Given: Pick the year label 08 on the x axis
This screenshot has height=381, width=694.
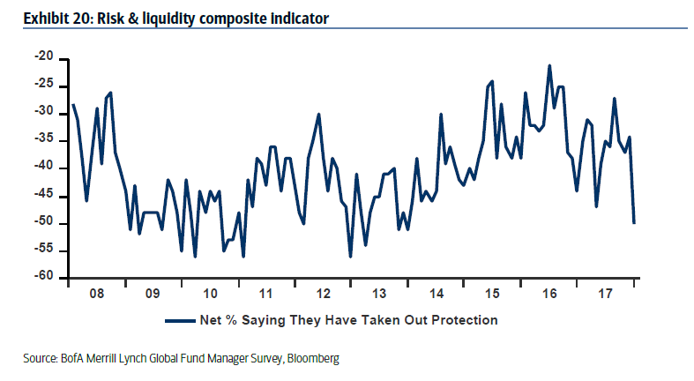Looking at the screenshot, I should [x=97, y=293].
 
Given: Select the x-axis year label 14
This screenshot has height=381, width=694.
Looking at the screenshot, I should [x=437, y=293].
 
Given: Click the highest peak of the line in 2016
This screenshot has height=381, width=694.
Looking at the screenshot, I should [x=549, y=65].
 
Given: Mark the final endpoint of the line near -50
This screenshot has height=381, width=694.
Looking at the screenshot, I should [x=634, y=222].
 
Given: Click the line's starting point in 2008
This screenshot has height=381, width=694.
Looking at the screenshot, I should [x=72, y=104].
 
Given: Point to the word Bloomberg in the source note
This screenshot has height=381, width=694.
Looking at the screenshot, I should [x=313, y=359].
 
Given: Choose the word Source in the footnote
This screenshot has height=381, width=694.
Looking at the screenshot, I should [x=41, y=359].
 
